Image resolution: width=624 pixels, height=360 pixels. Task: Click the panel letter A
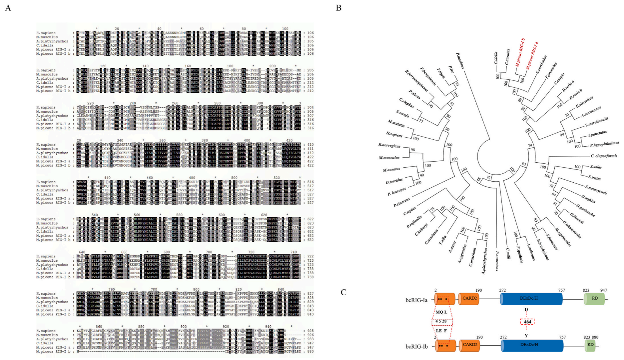8,8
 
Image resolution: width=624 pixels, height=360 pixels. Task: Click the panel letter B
338,8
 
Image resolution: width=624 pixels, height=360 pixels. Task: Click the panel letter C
343,292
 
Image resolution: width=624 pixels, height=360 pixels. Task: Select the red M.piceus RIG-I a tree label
531,55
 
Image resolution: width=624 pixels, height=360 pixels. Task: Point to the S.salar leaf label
596,167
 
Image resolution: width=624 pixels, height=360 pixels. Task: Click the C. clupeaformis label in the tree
604,156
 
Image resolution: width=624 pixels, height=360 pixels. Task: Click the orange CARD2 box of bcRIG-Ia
469,299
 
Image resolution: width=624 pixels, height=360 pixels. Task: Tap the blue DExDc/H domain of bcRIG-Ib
532,345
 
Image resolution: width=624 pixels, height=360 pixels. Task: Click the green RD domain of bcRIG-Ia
595,299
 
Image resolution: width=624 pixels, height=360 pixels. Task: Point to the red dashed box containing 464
527,322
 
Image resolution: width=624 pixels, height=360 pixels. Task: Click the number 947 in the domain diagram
603,290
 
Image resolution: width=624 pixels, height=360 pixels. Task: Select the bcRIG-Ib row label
416,346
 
